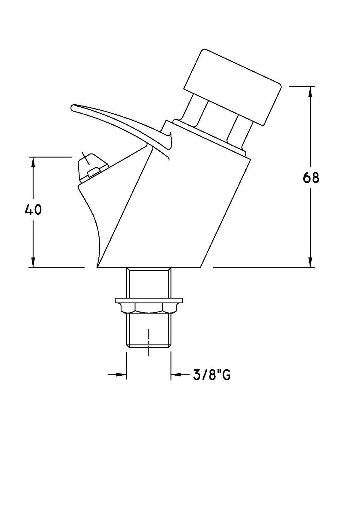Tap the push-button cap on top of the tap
coord(232,87)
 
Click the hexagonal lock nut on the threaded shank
coord(149,309)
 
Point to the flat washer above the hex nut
coord(149,301)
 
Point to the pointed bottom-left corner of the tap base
coord(97,267)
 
